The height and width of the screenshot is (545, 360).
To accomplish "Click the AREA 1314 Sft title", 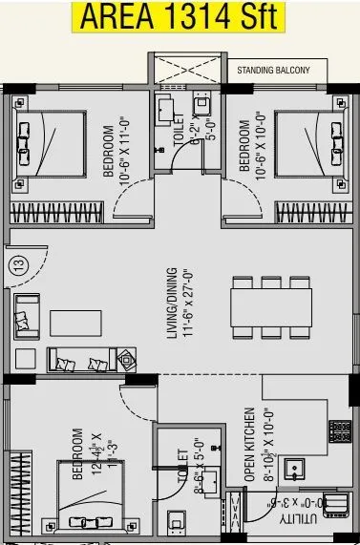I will pos(180,16).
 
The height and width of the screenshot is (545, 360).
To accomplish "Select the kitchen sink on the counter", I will pos(294,469).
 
